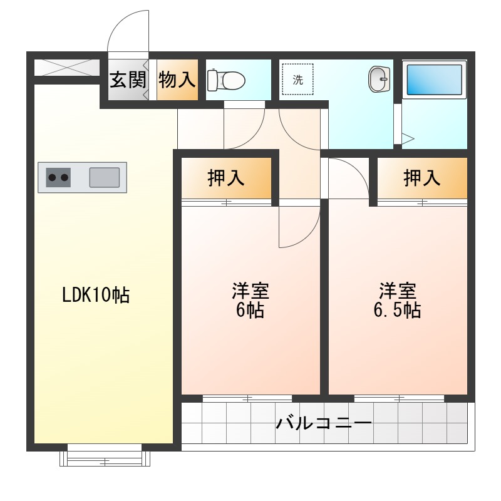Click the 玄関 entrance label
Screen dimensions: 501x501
coord(128,80)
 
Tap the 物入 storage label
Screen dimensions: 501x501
coord(177,80)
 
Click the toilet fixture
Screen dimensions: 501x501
coord(226,80)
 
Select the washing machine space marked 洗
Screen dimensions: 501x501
coord(299,80)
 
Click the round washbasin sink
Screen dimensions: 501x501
coord(379,80)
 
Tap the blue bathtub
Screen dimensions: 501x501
coord(435,80)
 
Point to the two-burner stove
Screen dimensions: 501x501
coord(59,178)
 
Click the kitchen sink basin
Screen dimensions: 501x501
coord(104,177)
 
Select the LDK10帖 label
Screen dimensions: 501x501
coord(95,294)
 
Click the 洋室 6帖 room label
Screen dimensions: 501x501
coord(250,300)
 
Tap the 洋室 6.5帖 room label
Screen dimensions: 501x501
coord(398,300)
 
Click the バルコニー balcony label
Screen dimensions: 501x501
coord(324,423)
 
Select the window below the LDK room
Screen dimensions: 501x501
coord(105,458)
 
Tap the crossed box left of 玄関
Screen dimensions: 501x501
coord(66,67)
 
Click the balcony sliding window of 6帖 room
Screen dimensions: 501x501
coord(247,398)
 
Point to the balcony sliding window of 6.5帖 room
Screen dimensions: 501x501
coord(399,398)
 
